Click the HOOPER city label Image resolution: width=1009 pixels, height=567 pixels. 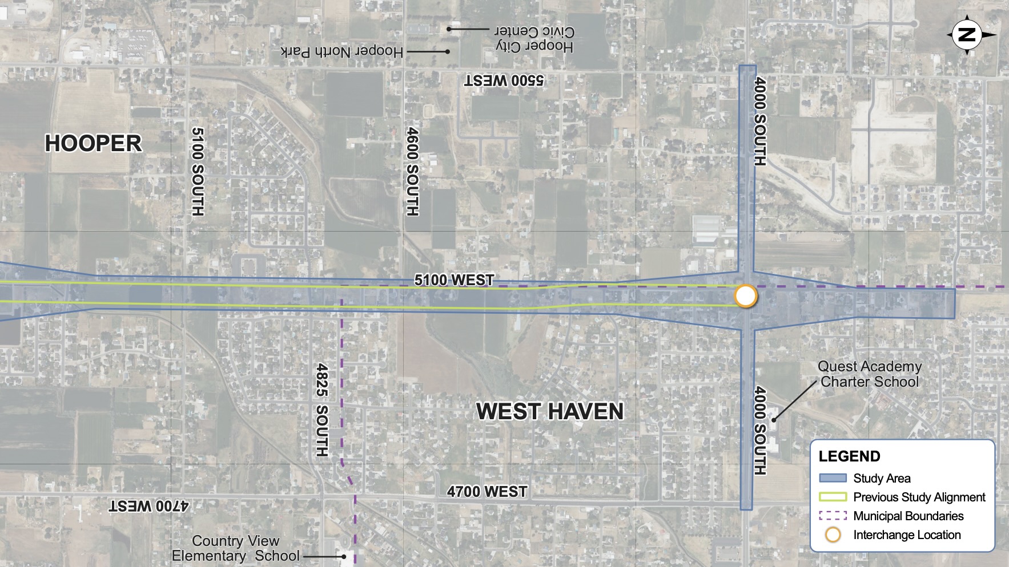click(93, 143)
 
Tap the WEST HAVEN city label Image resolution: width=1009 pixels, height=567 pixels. click(550, 411)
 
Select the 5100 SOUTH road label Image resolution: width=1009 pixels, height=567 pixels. click(197, 171)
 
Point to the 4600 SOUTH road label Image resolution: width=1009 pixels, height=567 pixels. click(412, 171)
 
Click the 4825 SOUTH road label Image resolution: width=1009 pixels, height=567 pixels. click(322, 410)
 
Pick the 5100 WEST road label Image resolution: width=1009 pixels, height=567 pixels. click(454, 280)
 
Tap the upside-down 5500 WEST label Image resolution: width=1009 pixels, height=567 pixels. click(504, 80)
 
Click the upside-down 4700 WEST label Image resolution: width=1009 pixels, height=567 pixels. click(149, 505)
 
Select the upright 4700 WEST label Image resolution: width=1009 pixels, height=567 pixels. click(487, 492)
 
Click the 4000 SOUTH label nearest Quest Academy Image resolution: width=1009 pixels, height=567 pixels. click(759, 431)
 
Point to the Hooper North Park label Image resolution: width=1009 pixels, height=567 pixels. click(341, 52)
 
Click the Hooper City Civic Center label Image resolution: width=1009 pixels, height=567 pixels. click(534, 39)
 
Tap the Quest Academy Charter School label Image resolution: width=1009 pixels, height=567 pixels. click(870, 374)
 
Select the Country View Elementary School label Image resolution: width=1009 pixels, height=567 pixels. click(235, 548)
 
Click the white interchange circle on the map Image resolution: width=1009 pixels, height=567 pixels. click(745, 297)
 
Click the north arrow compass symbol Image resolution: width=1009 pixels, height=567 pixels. click(967, 35)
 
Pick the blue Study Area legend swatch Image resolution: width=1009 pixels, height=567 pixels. click(833, 478)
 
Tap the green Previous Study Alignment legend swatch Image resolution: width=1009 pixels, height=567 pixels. click(833, 497)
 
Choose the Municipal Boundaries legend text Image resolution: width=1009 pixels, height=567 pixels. click(908, 516)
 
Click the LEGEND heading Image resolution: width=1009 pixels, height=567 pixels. click(849, 456)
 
